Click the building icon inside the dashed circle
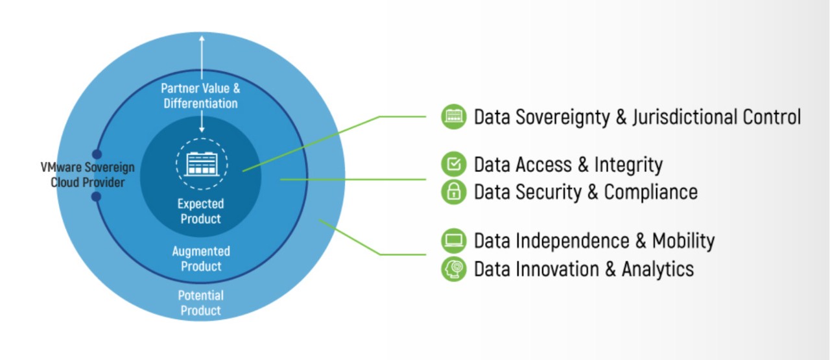pos(202,163)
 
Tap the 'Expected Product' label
pos(201,211)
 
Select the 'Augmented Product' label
pos(201,259)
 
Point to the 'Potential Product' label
pos(201,303)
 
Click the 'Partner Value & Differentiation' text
pos(200,96)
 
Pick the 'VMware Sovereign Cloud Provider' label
pos(88,174)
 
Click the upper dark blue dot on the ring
pos(97,154)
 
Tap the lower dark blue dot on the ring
pos(97,197)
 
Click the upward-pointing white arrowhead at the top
pos(202,38)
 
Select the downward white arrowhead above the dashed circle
pos(202,129)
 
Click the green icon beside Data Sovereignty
pos(454,117)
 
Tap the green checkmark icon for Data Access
pos(454,164)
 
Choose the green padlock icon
pos(454,192)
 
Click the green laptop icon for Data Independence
pos(454,241)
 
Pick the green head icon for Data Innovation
pos(454,269)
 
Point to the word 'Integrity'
pos(628,165)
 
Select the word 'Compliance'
pos(651,193)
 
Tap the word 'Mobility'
pos(683,241)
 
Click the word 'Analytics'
pos(658,269)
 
